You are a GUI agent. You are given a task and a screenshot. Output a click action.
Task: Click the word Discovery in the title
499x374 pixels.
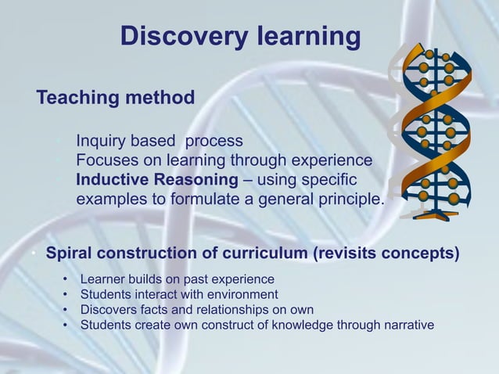click(x=173, y=36)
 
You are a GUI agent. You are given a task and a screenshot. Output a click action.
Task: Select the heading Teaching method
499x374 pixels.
click(x=116, y=98)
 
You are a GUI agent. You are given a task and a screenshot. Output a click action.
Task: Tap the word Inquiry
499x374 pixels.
click(x=102, y=142)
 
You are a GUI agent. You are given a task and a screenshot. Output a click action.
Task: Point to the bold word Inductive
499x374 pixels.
click(x=114, y=180)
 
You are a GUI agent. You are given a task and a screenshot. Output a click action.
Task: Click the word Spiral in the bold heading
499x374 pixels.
click(x=70, y=254)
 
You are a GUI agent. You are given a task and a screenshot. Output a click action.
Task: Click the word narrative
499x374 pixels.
click(x=405, y=324)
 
